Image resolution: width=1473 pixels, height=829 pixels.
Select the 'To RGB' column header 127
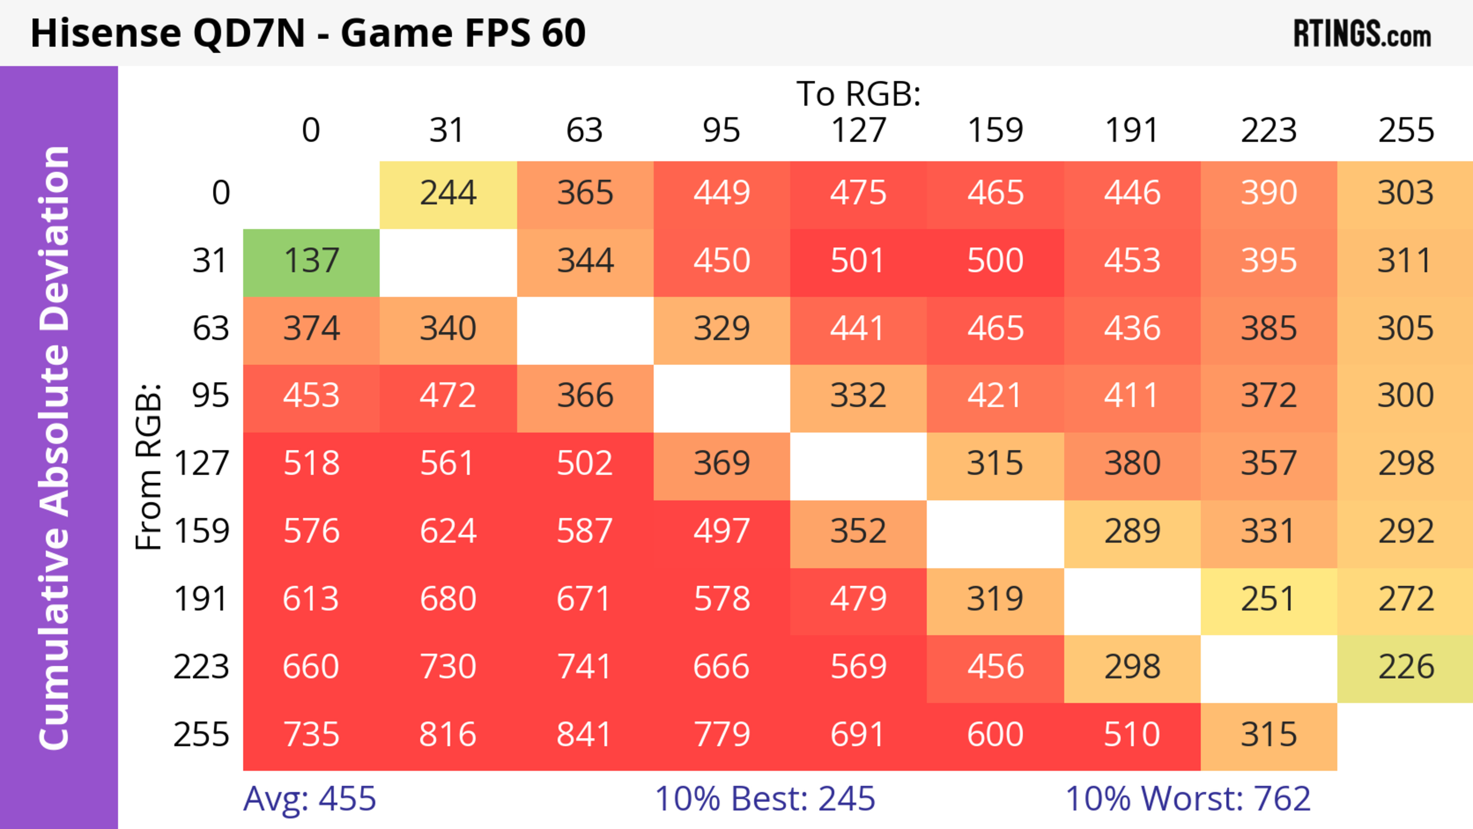[x=858, y=131]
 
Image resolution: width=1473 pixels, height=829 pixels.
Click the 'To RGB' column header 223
[x=1268, y=131]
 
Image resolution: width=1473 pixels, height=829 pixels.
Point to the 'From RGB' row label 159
[x=201, y=531]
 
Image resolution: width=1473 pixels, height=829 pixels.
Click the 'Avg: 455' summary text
[x=309, y=799]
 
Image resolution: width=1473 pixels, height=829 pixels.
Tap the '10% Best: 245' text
[x=765, y=799]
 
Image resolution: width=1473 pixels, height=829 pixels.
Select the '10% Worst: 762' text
[x=1188, y=799]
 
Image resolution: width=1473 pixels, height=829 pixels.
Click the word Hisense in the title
[x=106, y=33]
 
